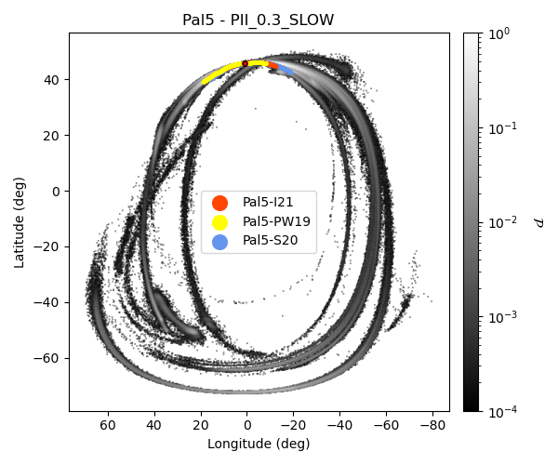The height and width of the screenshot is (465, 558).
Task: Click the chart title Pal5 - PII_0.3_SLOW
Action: click(x=259, y=20)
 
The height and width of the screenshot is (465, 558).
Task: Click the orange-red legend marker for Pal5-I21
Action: click(x=219, y=203)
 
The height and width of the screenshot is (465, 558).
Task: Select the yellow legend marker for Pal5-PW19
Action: click(x=219, y=222)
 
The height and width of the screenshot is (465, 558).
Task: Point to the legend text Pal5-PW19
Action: click(x=276, y=222)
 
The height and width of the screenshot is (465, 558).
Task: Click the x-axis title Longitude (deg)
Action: click(x=259, y=444)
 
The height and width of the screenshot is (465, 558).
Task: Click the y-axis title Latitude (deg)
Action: click(x=20, y=222)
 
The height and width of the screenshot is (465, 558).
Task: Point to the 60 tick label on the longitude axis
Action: click(x=108, y=425)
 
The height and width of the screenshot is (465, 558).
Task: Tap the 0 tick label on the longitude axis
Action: click(x=247, y=425)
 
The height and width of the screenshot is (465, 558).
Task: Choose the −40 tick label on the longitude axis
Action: click(x=339, y=425)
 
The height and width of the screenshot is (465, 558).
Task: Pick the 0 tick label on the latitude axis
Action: click(x=56, y=192)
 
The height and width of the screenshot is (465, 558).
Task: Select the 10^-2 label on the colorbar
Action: click(x=504, y=222)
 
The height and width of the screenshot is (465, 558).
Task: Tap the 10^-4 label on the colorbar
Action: click(x=504, y=411)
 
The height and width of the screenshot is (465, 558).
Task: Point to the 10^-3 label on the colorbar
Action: click(x=504, y=317)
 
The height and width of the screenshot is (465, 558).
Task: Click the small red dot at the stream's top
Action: click(x=246, y=63)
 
